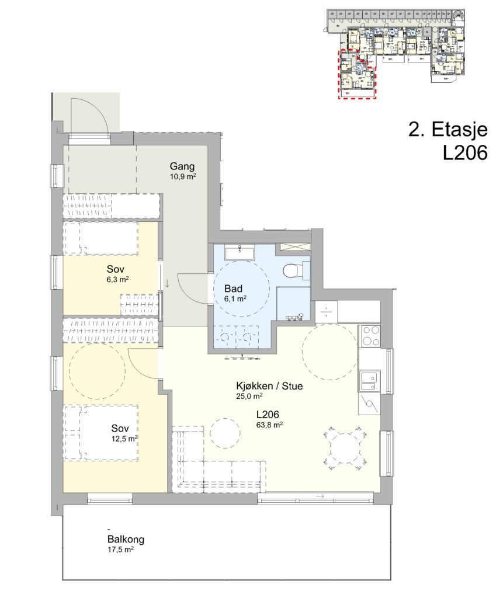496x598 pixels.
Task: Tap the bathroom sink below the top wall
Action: click(239, 253)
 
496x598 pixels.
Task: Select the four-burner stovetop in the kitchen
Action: click(369, 336)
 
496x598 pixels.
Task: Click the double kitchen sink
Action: click(369, 381)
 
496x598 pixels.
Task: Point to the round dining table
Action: click(345, 448)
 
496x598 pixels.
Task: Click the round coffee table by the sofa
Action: click(225, 433)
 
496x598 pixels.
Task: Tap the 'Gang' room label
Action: click(182, 166)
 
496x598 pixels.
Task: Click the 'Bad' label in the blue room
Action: click(233, 288)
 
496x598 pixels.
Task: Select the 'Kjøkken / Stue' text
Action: click(269, 386)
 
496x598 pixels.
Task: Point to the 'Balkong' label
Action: click(126, 539)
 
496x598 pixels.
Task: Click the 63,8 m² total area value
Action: click(269, 425)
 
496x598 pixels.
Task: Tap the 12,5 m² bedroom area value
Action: click(124, 439)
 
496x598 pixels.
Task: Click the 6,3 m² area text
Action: click(117, 279)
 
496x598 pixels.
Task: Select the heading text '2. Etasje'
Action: click(448, 130)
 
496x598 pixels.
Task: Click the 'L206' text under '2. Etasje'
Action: click(465, 153)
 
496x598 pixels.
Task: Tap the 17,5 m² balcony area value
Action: click(120, 550)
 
